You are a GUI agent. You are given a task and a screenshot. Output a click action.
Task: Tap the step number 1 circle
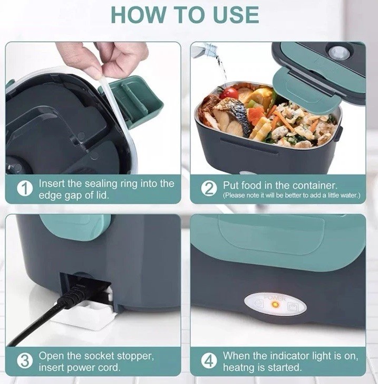(25, 189)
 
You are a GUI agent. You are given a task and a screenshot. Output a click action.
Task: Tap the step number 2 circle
(209, 189)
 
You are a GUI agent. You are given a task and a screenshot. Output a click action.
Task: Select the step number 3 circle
(25, 361)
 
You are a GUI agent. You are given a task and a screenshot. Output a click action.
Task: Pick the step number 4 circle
(209, 361)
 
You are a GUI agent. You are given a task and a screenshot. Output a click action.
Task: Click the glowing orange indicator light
(275, 305)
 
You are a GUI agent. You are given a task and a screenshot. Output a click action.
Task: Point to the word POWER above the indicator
(275, 298)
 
